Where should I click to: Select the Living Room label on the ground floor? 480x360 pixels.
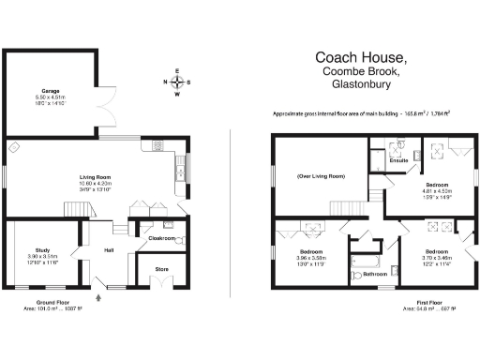click(x=95, y=176)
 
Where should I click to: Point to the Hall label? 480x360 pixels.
click(x=109, y=249)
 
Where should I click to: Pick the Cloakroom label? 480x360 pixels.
click(x=164, y=238)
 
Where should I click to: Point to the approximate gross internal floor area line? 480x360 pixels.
click(x=361, y=113)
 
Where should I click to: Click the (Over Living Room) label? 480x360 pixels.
click(x=321, y=176)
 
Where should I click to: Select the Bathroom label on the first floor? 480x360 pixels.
click(x=376, y=274)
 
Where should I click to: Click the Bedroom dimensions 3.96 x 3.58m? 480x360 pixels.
click(x=311, y=259)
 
